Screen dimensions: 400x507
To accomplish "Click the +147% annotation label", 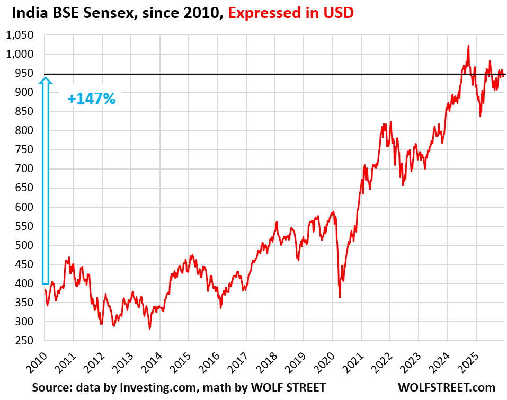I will click(91, 99).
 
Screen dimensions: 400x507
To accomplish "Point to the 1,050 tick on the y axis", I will click(20, 35).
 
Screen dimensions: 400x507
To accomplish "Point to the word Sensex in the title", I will click(103, 13).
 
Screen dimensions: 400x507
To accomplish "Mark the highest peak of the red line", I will click(468, 46).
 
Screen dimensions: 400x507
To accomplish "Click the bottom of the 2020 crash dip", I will click(340, 297).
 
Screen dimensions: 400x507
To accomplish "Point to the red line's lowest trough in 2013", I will click(149, 328).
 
